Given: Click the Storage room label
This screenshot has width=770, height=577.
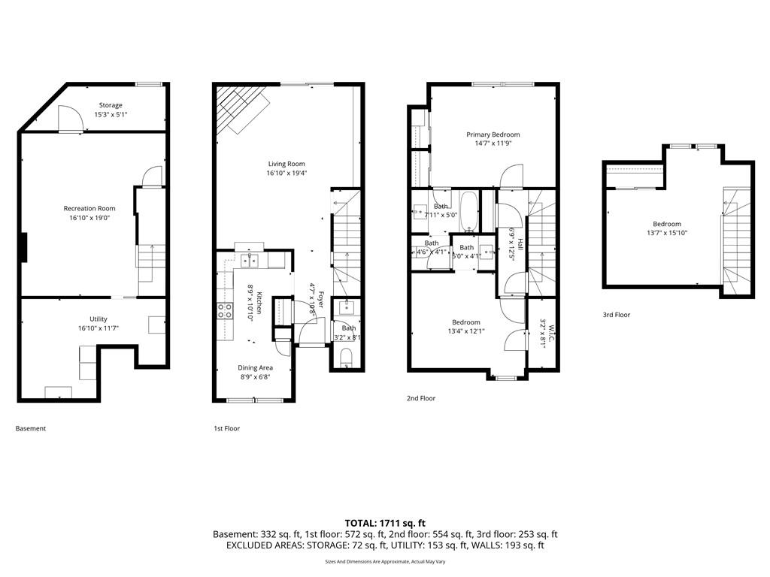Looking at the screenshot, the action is (111, 105).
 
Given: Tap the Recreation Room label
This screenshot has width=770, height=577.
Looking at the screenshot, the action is (89, 209).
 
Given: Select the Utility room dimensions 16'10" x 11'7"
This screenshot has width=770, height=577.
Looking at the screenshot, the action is (99, 328).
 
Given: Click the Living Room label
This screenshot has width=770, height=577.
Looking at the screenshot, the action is (286, 164).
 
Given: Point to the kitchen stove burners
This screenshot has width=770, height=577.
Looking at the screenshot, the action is (226, 310).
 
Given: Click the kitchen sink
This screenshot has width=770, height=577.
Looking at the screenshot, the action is (250, 260).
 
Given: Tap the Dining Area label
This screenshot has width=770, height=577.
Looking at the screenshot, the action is (255, 367).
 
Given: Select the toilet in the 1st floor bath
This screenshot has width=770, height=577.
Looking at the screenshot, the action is (346, 357).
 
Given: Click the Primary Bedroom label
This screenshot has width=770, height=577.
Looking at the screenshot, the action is (493, 134).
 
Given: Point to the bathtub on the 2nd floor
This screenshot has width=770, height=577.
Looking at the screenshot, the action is (469, 211).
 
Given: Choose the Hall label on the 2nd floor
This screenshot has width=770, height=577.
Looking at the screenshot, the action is (520, 244).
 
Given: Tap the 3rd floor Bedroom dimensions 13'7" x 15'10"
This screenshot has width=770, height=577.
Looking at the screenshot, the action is (667, 233).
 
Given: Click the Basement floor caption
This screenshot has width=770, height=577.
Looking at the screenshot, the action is (30, 428).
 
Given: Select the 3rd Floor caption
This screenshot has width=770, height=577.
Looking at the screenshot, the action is (617, 315).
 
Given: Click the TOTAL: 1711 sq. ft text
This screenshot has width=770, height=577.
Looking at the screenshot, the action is (385, 524).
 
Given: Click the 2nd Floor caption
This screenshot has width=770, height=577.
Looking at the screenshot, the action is (421, 398).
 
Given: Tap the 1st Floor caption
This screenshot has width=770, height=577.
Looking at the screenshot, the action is (227, 428).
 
